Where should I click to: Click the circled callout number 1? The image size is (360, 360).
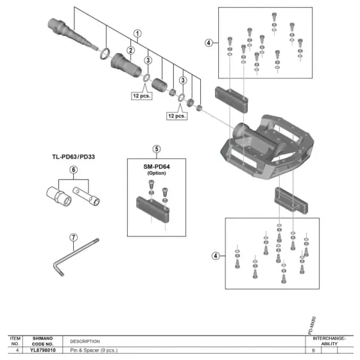tap(137, 33)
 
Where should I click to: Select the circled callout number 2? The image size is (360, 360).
tap(131, 50)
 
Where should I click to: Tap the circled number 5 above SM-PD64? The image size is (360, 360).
tap(157, 149)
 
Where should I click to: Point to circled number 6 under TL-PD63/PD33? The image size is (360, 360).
tap(73, 169)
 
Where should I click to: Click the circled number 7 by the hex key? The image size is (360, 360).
tap(73, 237)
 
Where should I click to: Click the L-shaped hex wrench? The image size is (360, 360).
tap(75, 257)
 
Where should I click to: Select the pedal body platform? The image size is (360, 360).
tap(267, 147)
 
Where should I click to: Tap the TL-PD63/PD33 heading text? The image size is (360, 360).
tap(73, 157)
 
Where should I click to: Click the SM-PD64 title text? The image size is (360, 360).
tap(157, 167)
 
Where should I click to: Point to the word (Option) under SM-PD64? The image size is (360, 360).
tap(157, 173)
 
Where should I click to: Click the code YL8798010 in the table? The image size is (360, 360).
tap(43, 350)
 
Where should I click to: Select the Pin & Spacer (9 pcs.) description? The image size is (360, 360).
tap(94, 350)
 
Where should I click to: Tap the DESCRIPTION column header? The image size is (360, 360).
tap(85, 341)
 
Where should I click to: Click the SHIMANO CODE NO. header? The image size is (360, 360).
tap(43, 341)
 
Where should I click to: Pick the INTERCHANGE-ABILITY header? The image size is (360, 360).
tap(329, 341)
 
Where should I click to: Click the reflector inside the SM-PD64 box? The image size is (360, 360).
tap(153, 209)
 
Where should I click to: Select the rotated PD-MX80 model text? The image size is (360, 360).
tap(312, 325)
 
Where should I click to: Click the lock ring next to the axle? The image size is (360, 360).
tap(105, 53)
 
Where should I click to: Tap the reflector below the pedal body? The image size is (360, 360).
tap(291, 201)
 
